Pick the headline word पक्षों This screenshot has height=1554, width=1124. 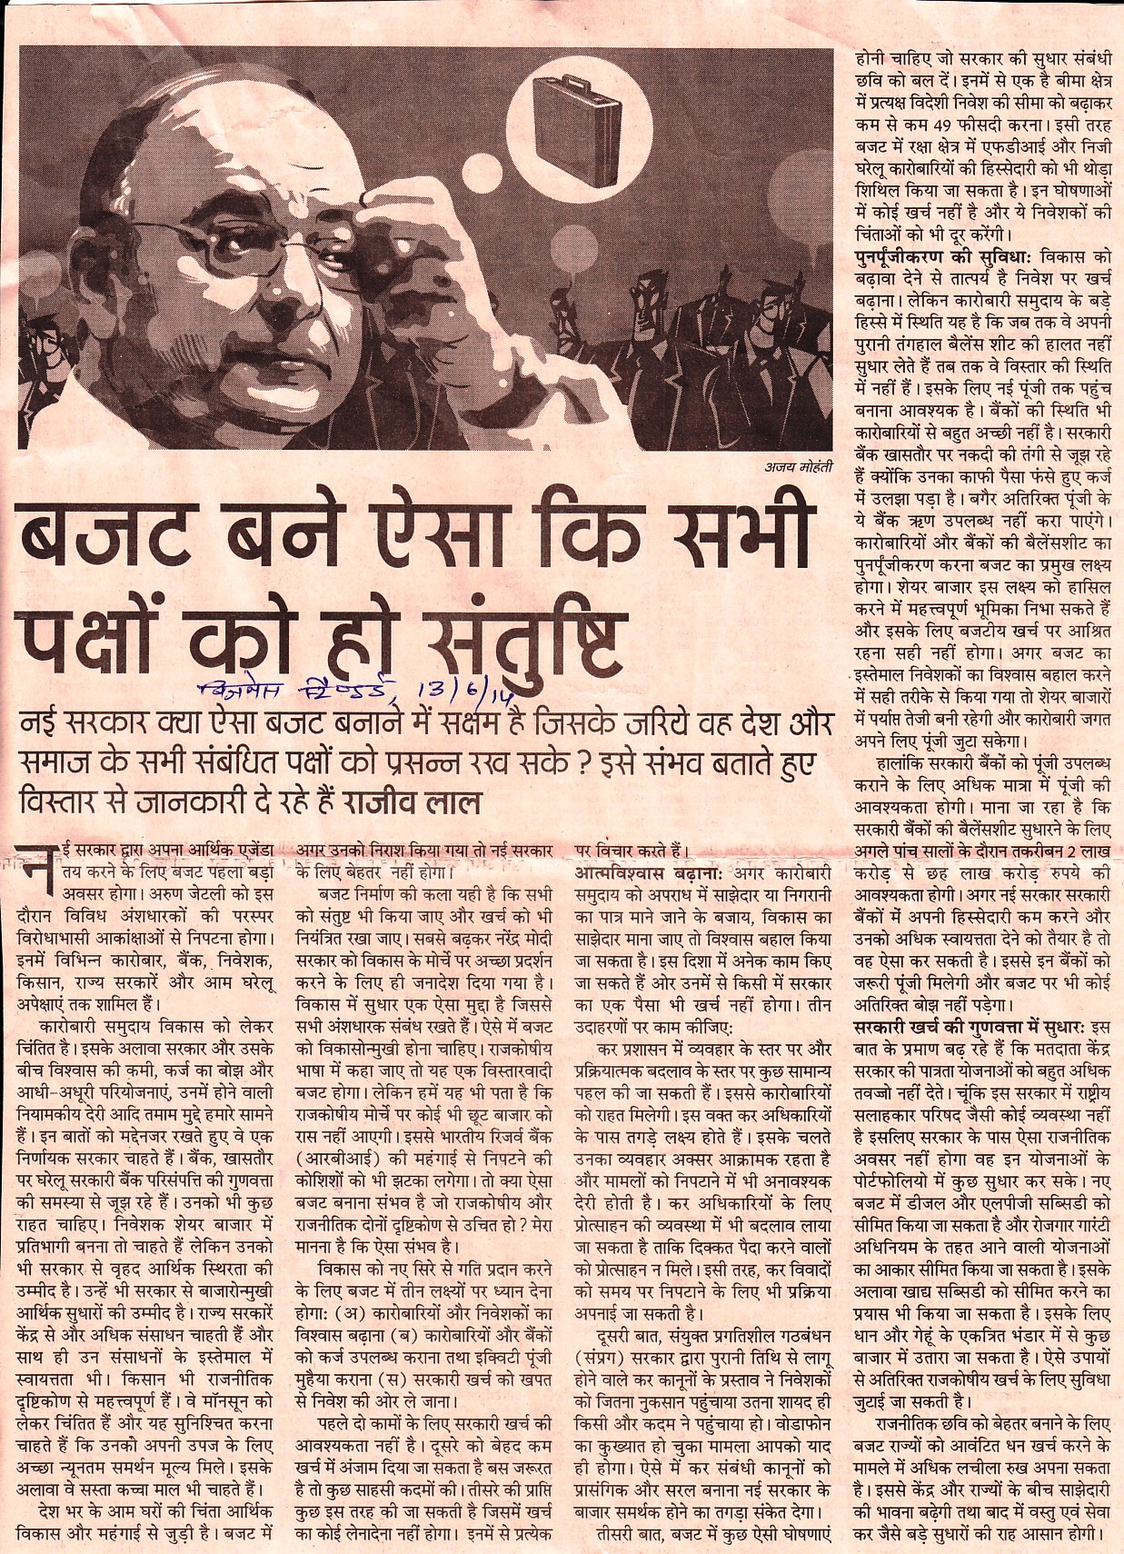[x=99, y=633]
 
